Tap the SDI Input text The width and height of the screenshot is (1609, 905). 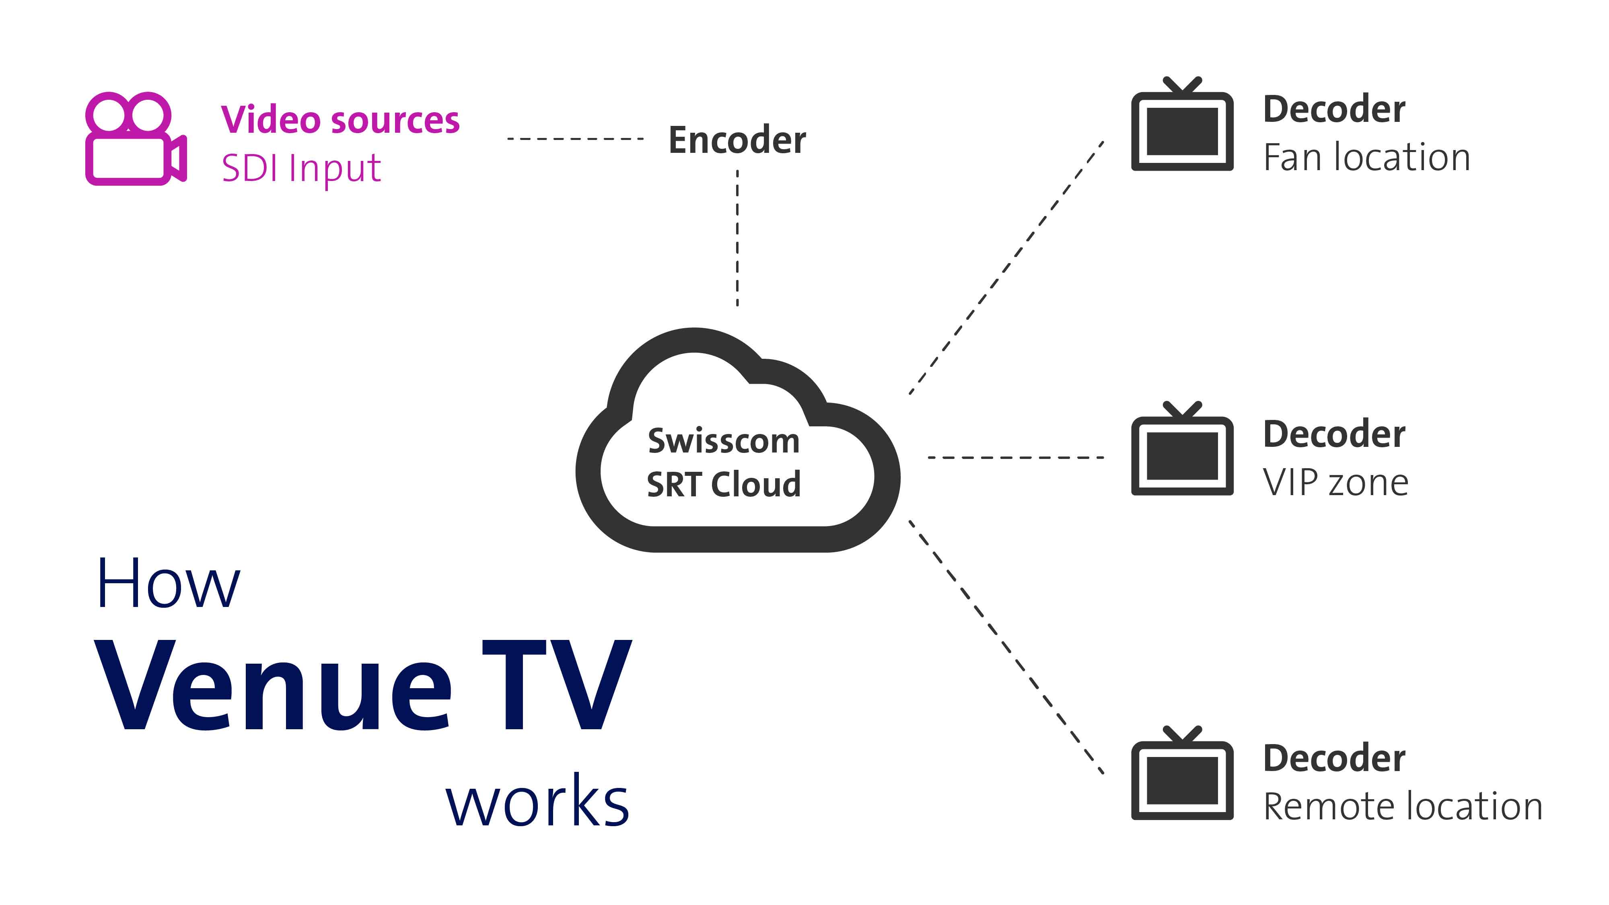(x=301, y=168)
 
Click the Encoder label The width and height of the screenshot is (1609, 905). (x=737, y=140)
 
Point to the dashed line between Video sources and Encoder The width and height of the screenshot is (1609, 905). (x=575, y=139)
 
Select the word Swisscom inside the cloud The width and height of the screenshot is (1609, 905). (x=723, y=441)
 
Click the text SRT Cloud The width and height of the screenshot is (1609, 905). (x=723, y=485)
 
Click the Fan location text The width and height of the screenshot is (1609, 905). (x=1366, y=157)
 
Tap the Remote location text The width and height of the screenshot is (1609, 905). (x=1402, y=806)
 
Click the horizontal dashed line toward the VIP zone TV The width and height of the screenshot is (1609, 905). (x=1016, y=458)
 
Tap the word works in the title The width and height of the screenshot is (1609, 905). (x=537, y=802)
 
